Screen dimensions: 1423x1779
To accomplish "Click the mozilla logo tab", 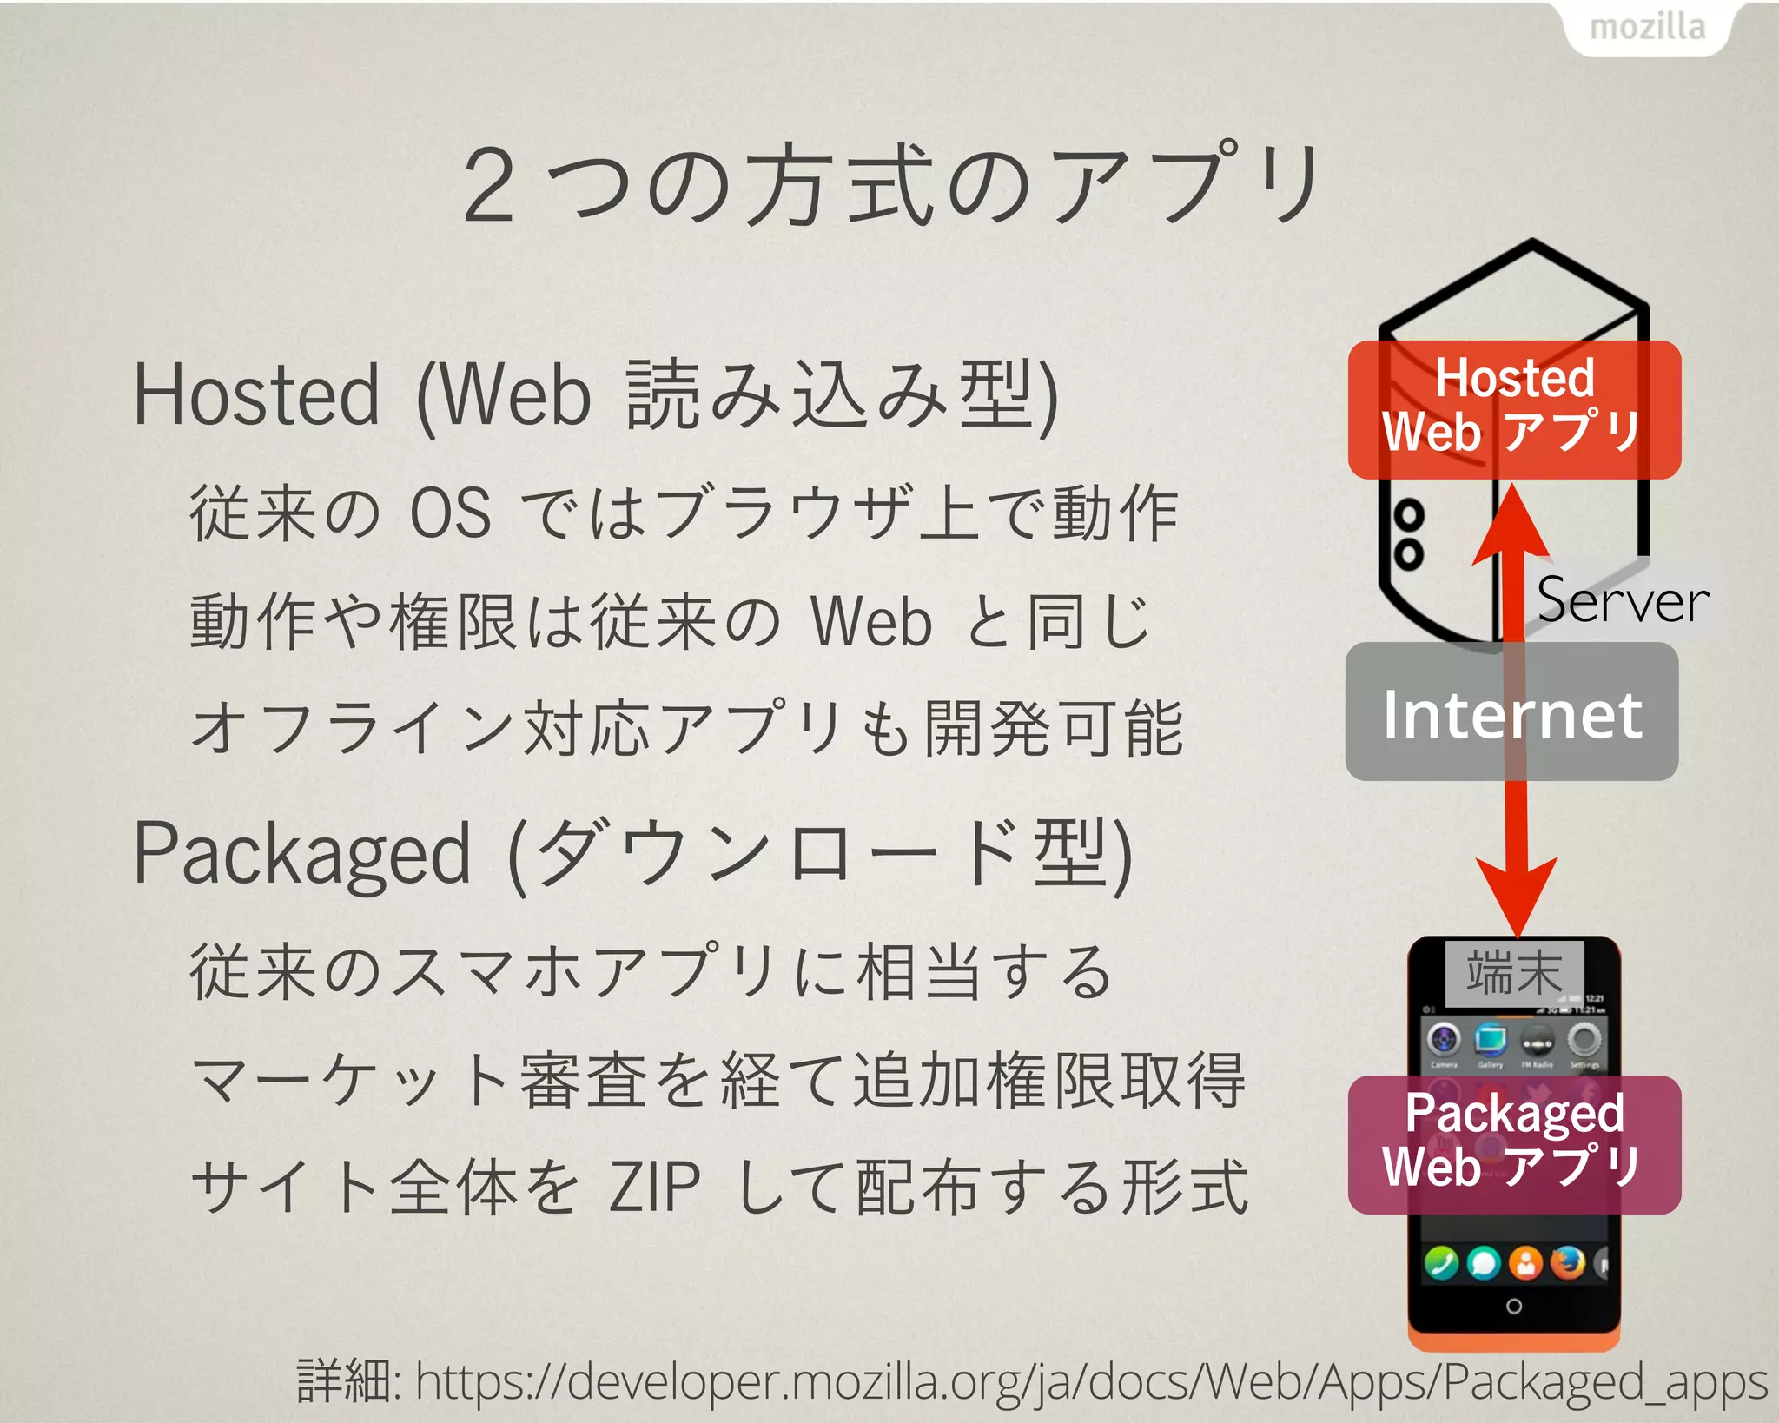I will (1647, 27).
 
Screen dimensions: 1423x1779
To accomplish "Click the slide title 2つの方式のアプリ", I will (891, 184).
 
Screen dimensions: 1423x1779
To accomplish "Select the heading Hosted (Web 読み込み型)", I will (596, 395).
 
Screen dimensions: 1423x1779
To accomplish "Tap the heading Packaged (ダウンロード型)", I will (632, 855).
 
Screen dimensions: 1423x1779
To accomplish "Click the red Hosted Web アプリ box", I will (1514, 409).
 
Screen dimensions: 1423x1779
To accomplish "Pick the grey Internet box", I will (1511, 712).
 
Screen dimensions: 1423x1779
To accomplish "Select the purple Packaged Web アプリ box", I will (1514, 1143).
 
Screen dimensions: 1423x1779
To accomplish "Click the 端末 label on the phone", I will (1514, 973).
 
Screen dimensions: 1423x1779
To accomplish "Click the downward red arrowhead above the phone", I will (1517, 899).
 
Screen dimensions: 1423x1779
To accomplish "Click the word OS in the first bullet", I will (450, 513).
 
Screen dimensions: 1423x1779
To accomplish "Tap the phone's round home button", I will (1513, 1306).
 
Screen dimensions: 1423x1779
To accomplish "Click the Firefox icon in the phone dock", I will (1567, 1263).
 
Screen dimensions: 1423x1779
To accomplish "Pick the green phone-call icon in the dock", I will (1441, 1263).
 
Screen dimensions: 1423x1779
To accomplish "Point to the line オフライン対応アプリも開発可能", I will (686, 728).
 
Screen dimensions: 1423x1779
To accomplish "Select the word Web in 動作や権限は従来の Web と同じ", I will (871, 622).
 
